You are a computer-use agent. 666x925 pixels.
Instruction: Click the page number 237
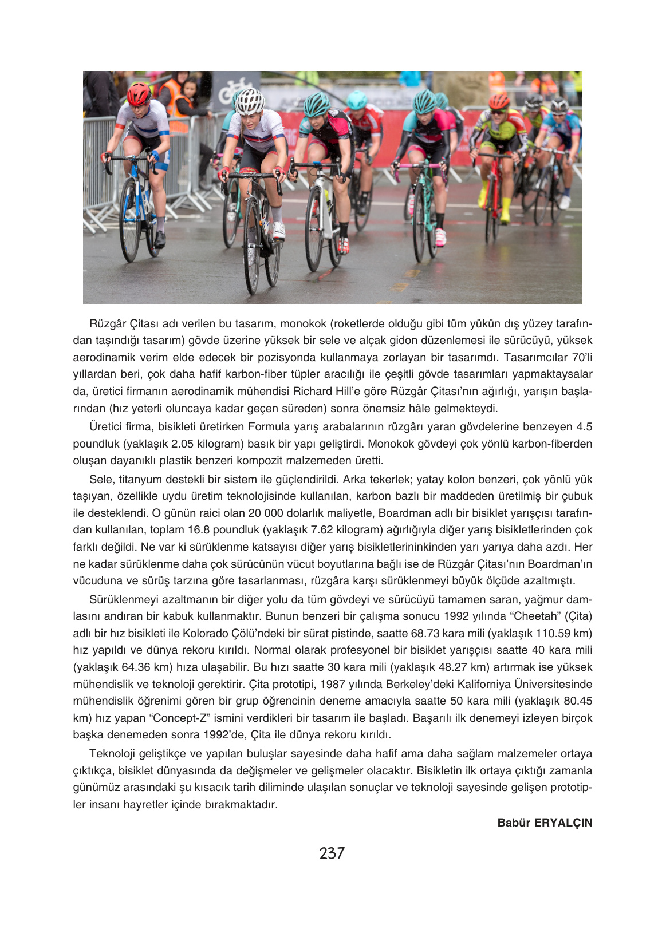(332, 853)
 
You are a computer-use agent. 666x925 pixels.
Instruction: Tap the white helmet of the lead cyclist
(250, 101)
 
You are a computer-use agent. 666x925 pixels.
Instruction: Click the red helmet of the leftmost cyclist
(139, 94)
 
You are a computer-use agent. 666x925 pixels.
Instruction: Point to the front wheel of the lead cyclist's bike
(252, 246)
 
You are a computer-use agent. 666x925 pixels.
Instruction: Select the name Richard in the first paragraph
(313, 392)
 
